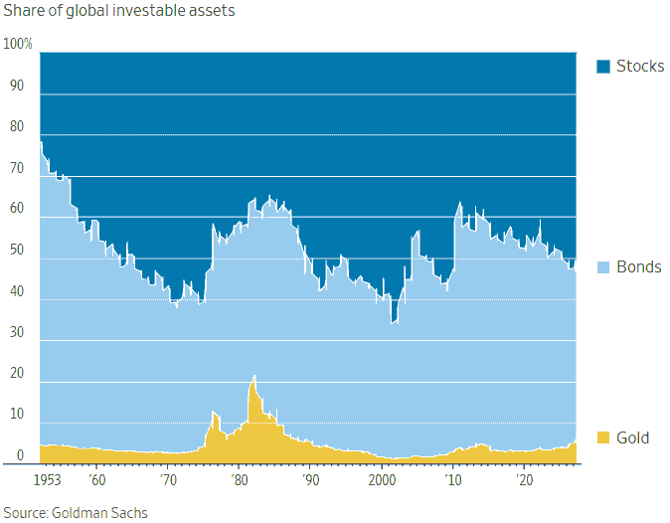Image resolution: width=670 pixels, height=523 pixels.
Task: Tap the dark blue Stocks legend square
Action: [602, 67]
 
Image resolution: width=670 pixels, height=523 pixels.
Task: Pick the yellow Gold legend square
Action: [602, 437]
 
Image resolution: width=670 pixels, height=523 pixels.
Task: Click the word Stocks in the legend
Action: [639, 67]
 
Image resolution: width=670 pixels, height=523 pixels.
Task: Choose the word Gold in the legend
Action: [632, 437]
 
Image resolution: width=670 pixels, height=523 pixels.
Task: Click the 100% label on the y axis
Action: [18, 45]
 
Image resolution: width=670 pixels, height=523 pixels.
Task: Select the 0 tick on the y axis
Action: [19, 456]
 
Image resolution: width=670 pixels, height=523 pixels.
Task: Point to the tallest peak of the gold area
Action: [254, 377]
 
